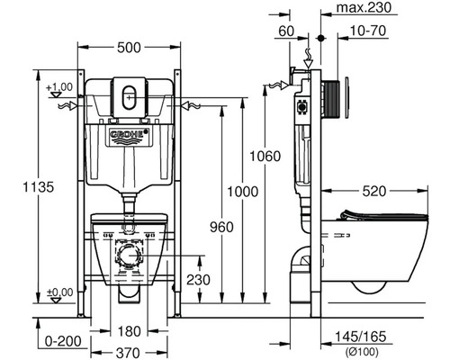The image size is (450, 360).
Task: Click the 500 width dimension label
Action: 129,48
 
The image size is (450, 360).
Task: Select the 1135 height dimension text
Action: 39,187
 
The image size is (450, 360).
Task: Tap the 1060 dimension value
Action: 265,157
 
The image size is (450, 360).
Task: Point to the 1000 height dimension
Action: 242,192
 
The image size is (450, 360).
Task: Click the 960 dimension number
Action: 221,227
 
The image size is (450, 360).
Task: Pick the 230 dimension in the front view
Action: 198,280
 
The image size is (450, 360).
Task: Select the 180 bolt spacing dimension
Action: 129,331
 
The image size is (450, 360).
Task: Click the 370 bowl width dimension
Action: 128,353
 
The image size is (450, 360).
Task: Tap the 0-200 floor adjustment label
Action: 63,341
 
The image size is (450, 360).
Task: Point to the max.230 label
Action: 364,7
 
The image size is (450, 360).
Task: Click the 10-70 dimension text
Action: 368,31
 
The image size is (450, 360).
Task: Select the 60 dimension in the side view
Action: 286,31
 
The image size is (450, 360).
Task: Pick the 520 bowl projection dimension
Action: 374,191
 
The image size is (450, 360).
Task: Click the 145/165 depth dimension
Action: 360,337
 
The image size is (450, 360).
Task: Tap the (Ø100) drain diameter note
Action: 362,351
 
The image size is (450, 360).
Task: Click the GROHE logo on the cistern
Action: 130,134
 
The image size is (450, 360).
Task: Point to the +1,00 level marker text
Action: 59,87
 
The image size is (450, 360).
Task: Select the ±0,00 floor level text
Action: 60,292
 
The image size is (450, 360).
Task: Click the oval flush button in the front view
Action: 129,97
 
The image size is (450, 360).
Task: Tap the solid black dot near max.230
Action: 321,39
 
